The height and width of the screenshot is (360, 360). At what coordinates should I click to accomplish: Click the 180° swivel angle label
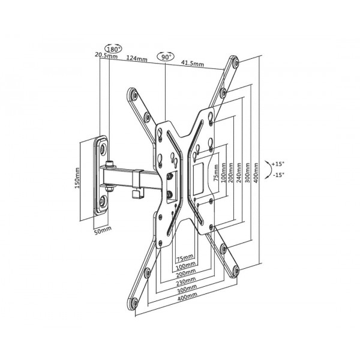coord(113,49)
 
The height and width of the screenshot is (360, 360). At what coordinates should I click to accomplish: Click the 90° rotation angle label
coord(166,57)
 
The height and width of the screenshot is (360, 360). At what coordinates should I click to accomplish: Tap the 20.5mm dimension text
coord(106,55)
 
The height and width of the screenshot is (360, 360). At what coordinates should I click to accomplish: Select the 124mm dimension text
coord(137,58)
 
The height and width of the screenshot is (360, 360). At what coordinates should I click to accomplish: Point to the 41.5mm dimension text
coord(193,63)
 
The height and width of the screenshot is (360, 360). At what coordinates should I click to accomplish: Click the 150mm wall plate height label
coord(77,178)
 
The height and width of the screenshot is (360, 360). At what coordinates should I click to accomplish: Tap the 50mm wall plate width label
coord(103,230)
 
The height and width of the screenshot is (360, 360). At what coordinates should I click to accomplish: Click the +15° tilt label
coord(278,164)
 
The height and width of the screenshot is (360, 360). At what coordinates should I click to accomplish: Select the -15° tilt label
coord(278,175)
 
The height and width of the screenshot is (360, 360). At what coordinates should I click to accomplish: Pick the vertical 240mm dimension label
coord(239,173)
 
